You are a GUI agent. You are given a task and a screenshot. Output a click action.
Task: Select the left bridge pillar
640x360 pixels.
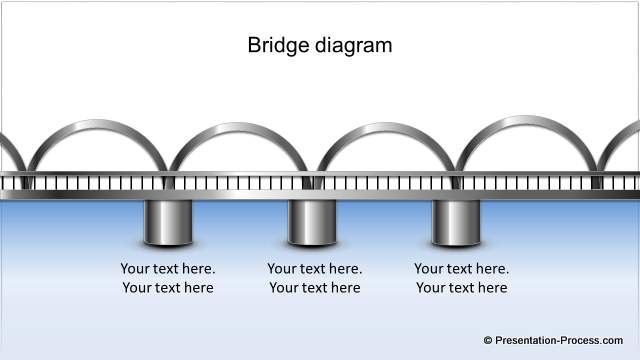167,222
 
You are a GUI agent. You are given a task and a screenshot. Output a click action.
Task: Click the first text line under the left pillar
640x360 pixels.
168,268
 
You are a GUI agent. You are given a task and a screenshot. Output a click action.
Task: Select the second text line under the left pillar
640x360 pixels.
168,288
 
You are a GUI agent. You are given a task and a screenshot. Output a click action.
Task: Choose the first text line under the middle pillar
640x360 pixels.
315,268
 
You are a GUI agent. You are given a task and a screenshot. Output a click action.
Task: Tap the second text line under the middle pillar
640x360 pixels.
315,288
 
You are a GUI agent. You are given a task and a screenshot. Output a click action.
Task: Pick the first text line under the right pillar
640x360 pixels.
462,268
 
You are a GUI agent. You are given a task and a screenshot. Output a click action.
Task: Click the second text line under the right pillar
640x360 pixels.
462,288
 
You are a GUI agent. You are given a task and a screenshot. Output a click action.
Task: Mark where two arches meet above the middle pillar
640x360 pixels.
314,166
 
